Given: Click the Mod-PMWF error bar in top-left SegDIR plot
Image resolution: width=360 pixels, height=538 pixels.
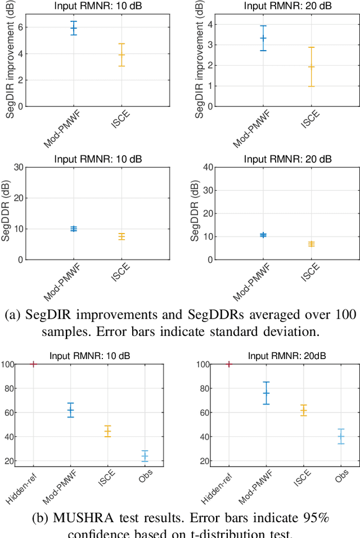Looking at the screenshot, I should click(73, 28).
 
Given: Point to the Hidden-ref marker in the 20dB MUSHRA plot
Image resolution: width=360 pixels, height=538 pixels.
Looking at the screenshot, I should click(229, 364).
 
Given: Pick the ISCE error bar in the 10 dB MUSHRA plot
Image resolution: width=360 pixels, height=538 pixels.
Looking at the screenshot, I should click(107, 432).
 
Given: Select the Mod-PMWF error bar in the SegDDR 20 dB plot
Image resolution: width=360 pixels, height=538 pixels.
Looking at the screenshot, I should click(263, 235).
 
